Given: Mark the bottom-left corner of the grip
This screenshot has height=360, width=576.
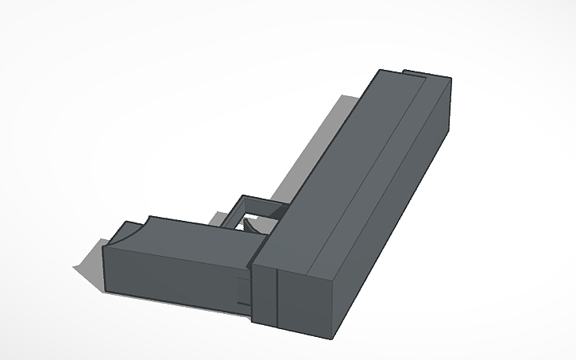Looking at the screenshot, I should click(x=106, y=292).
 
